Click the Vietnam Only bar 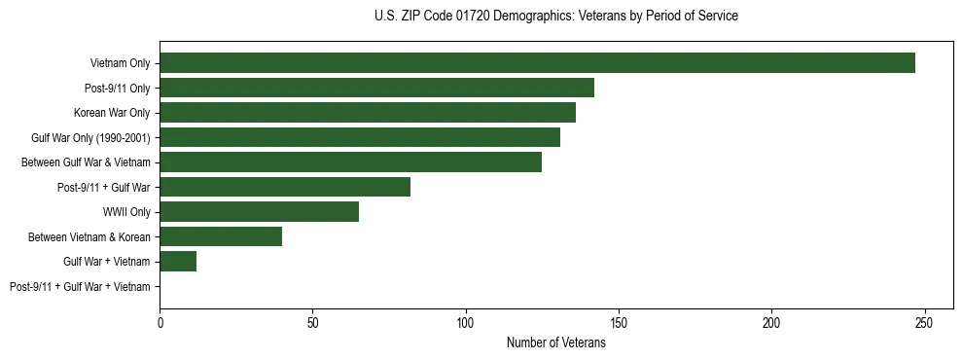(537, 63)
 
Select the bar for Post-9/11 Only (376, 88)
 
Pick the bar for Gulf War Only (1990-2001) (360, 137)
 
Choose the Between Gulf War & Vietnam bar (350, 162)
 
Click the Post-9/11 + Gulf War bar (285, 187)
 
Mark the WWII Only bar (259, 212)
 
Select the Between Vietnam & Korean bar (221, 236)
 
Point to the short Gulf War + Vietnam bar (178, 262)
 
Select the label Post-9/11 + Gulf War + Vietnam (80, 287)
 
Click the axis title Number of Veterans (555, 342)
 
